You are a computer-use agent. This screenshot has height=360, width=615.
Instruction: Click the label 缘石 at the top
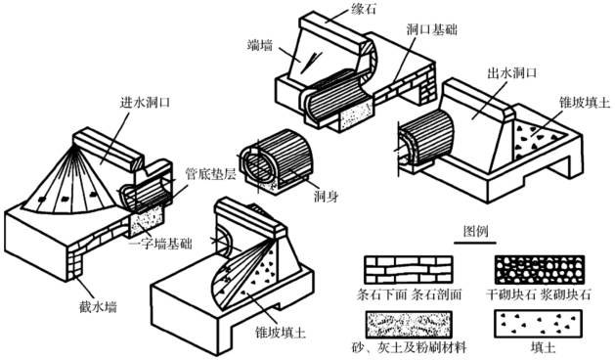point(363,8)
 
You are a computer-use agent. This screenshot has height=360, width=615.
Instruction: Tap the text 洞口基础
point(431,29)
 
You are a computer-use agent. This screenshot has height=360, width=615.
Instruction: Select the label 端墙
point(260,46)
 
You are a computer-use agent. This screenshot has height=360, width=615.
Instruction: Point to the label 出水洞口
point(511,73)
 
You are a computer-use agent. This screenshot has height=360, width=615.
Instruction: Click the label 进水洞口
point(145,103)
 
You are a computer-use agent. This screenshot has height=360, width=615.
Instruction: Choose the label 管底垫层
point(210,174)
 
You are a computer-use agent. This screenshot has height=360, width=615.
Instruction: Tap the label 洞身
point(326,196)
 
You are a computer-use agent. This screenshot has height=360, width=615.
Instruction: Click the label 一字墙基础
point(160,244)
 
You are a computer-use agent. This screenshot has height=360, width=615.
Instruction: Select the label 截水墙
point(98,306)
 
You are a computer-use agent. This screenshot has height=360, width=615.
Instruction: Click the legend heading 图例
point(476,231)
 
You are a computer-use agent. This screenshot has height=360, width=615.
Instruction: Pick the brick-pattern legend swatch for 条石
point(409,270)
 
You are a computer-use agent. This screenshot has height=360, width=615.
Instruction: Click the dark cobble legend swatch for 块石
point(540,270)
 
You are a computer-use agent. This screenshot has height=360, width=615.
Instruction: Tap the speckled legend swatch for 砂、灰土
point(409,324)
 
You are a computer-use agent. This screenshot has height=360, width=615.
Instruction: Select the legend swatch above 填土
point(539,324)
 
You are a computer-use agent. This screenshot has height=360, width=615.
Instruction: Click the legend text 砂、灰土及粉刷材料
point(409,347)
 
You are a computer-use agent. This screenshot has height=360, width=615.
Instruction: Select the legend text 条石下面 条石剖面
point(409,294)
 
